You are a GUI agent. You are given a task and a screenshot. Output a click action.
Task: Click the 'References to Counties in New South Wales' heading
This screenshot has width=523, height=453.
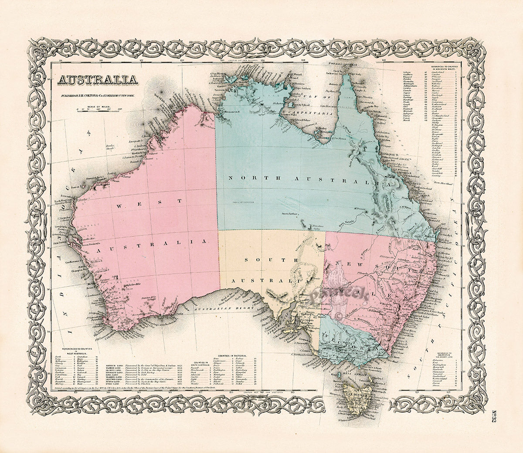tap(444, 67)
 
